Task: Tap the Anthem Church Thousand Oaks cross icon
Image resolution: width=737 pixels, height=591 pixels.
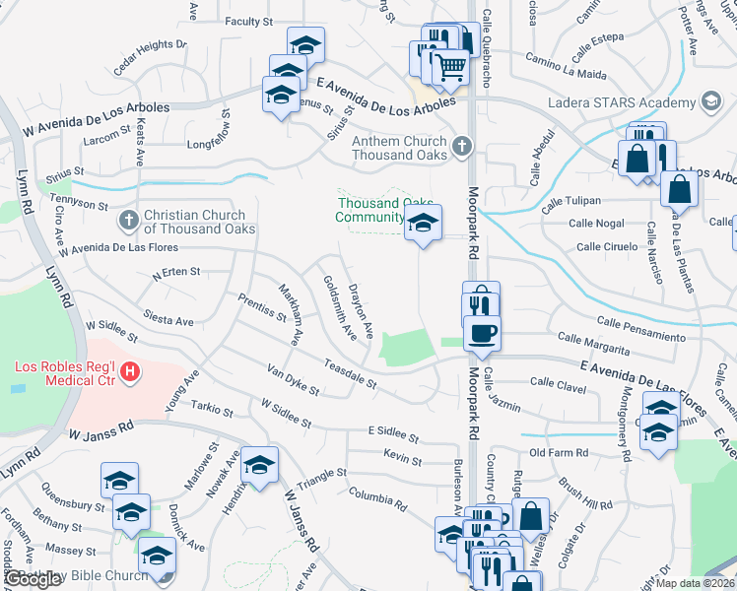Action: (460, 148)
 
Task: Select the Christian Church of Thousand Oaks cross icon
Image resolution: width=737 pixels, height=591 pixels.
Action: (127, 221)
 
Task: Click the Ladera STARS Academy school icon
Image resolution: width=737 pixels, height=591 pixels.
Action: (709, 102)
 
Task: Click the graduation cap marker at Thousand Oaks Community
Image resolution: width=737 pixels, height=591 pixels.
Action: (423, 223)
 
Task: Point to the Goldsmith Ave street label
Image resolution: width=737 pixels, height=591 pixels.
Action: (340, 306)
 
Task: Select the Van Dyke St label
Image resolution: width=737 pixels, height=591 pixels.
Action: (293, 379)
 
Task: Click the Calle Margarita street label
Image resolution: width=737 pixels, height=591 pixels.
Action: (593, 344)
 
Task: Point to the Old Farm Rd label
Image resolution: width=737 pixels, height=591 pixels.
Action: (558, 453)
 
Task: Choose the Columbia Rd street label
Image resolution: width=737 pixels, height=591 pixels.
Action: (376, 497)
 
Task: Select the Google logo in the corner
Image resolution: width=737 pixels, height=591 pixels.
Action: (33, 579)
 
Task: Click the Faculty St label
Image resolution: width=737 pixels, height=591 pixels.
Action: (248, 22)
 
